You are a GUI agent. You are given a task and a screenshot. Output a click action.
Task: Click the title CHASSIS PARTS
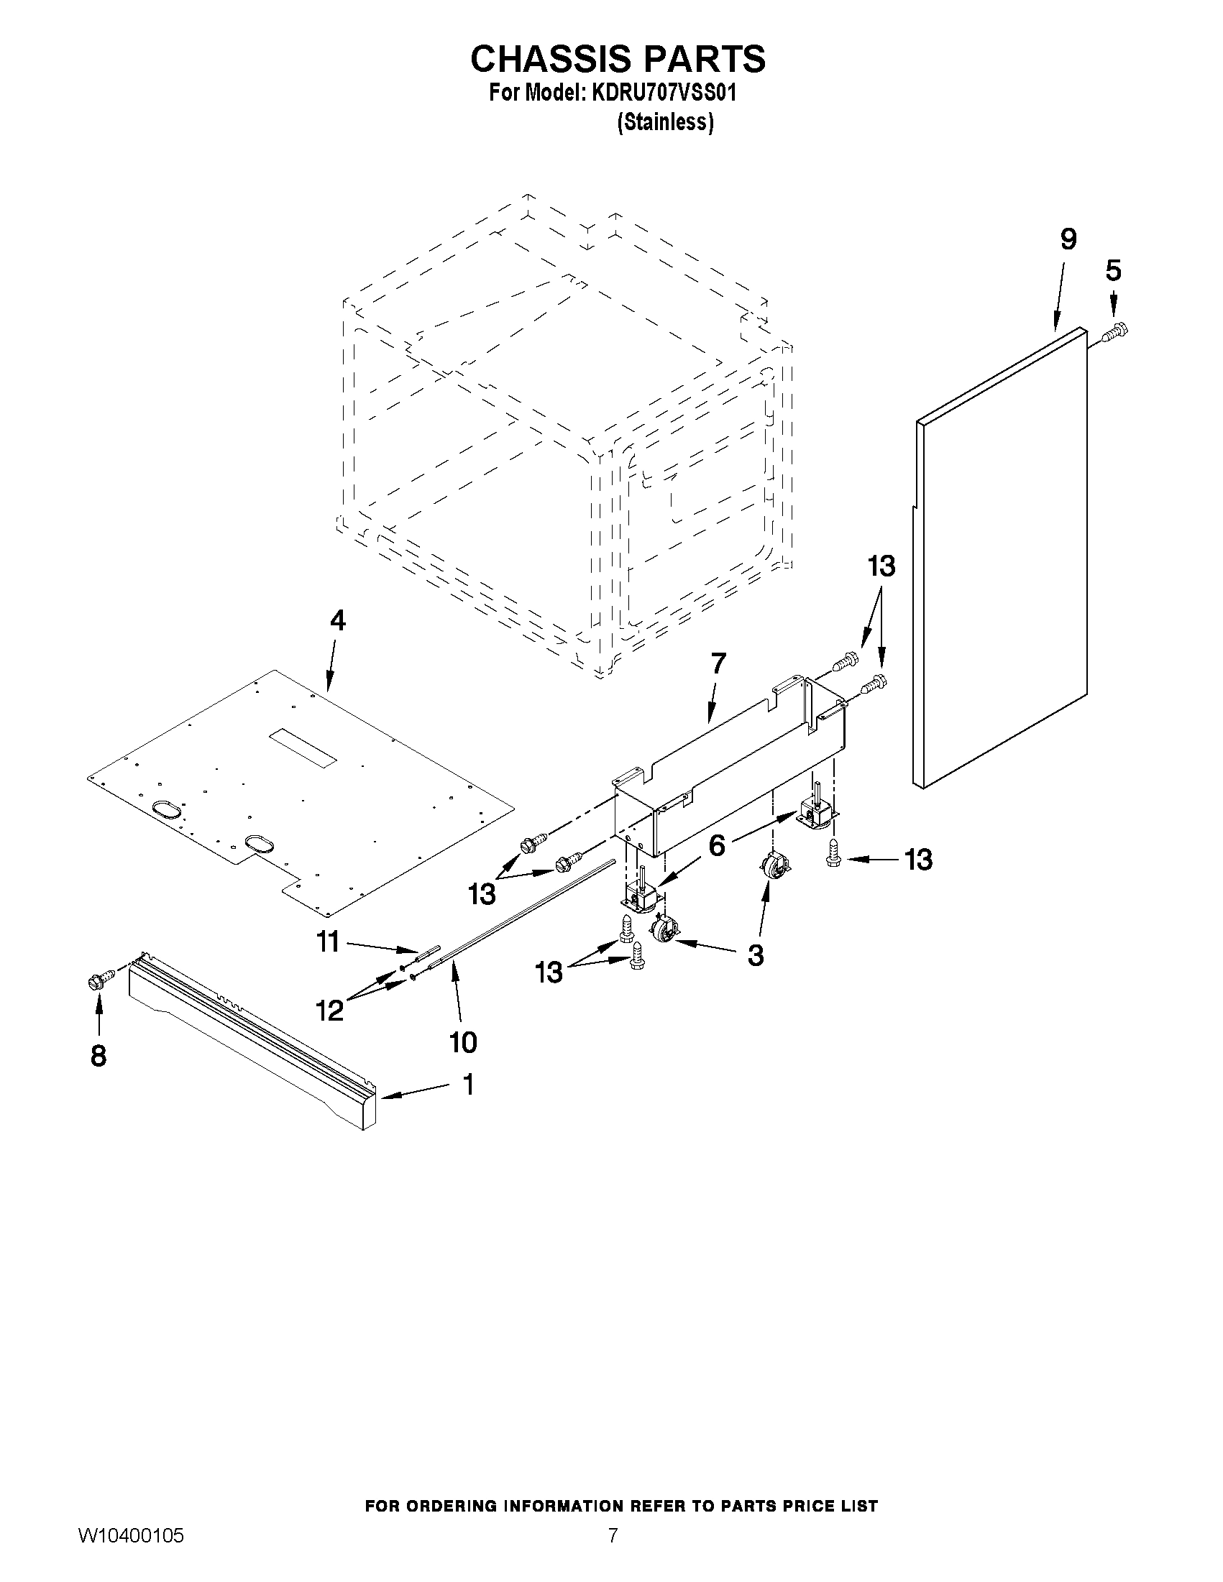pyautogui.click(x=618, y=60)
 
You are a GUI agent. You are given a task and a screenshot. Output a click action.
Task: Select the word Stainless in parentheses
pyautogui.click(x=664, y=123)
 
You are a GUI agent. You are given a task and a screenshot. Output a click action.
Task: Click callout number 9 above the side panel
pyautogui.click(x=1068, y=239)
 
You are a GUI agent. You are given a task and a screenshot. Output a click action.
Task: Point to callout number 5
pyautogui.click(x=1113, y=270)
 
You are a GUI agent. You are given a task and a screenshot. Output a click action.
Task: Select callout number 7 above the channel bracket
pyautogui.click(x=718, y=663)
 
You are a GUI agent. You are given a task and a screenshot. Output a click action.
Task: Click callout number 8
pyautogui.click(x=99, y=1056)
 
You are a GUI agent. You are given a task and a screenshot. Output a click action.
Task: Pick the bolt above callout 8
pyautogui.click(x=99, y=982)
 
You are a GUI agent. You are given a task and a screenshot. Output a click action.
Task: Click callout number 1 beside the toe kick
pyautogui.click(x=468, y=1085)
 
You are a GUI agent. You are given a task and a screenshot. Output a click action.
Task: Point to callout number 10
pyautogui.click(x=463, y=1042)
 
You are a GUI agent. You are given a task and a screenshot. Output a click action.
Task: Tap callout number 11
pyautogui.click(x=328, y=942)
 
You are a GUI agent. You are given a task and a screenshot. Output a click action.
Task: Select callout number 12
pyautogui.click(x=331, y=1010)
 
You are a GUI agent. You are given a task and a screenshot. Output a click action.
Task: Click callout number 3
pyautogui.click(x=755, y=955)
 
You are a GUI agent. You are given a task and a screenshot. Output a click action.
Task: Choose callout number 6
pyautogui.click(x=716, y=845)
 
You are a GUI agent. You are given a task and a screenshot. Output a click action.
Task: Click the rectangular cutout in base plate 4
pyautogui.click(x=303, y=749)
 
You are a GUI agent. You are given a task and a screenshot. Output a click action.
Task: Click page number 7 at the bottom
pyautogui.click(x=613, y=1555)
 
